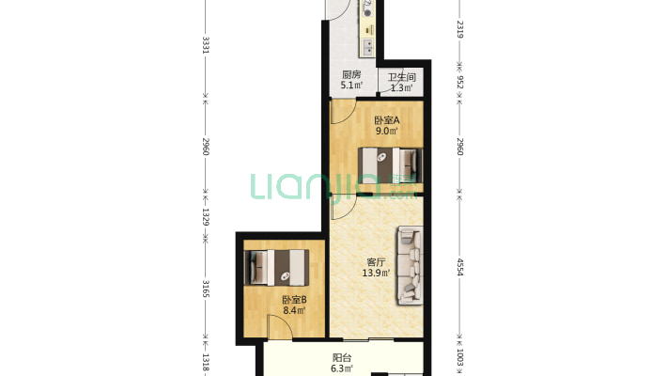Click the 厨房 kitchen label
click(351, 74)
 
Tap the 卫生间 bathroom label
click(401, 77)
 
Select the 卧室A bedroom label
click(387, 120)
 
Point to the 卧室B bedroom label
click(294, 300)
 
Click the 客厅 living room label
click(376, 262)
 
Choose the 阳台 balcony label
click(342, 358)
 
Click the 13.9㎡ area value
click(376, 273)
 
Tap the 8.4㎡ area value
click(294, 310)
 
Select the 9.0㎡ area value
click(387, 132)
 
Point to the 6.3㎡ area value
click(342, 368)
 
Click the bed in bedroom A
click(390, 165)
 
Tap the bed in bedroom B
click(276, 267)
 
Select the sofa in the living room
click(411, 266)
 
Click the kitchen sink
click(367, 47)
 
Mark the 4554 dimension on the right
click(459, 267)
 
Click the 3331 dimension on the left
click(206, 45)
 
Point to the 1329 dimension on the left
click(206, 217)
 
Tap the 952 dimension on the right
click(459, 82)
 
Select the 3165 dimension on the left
click(206, 289)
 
